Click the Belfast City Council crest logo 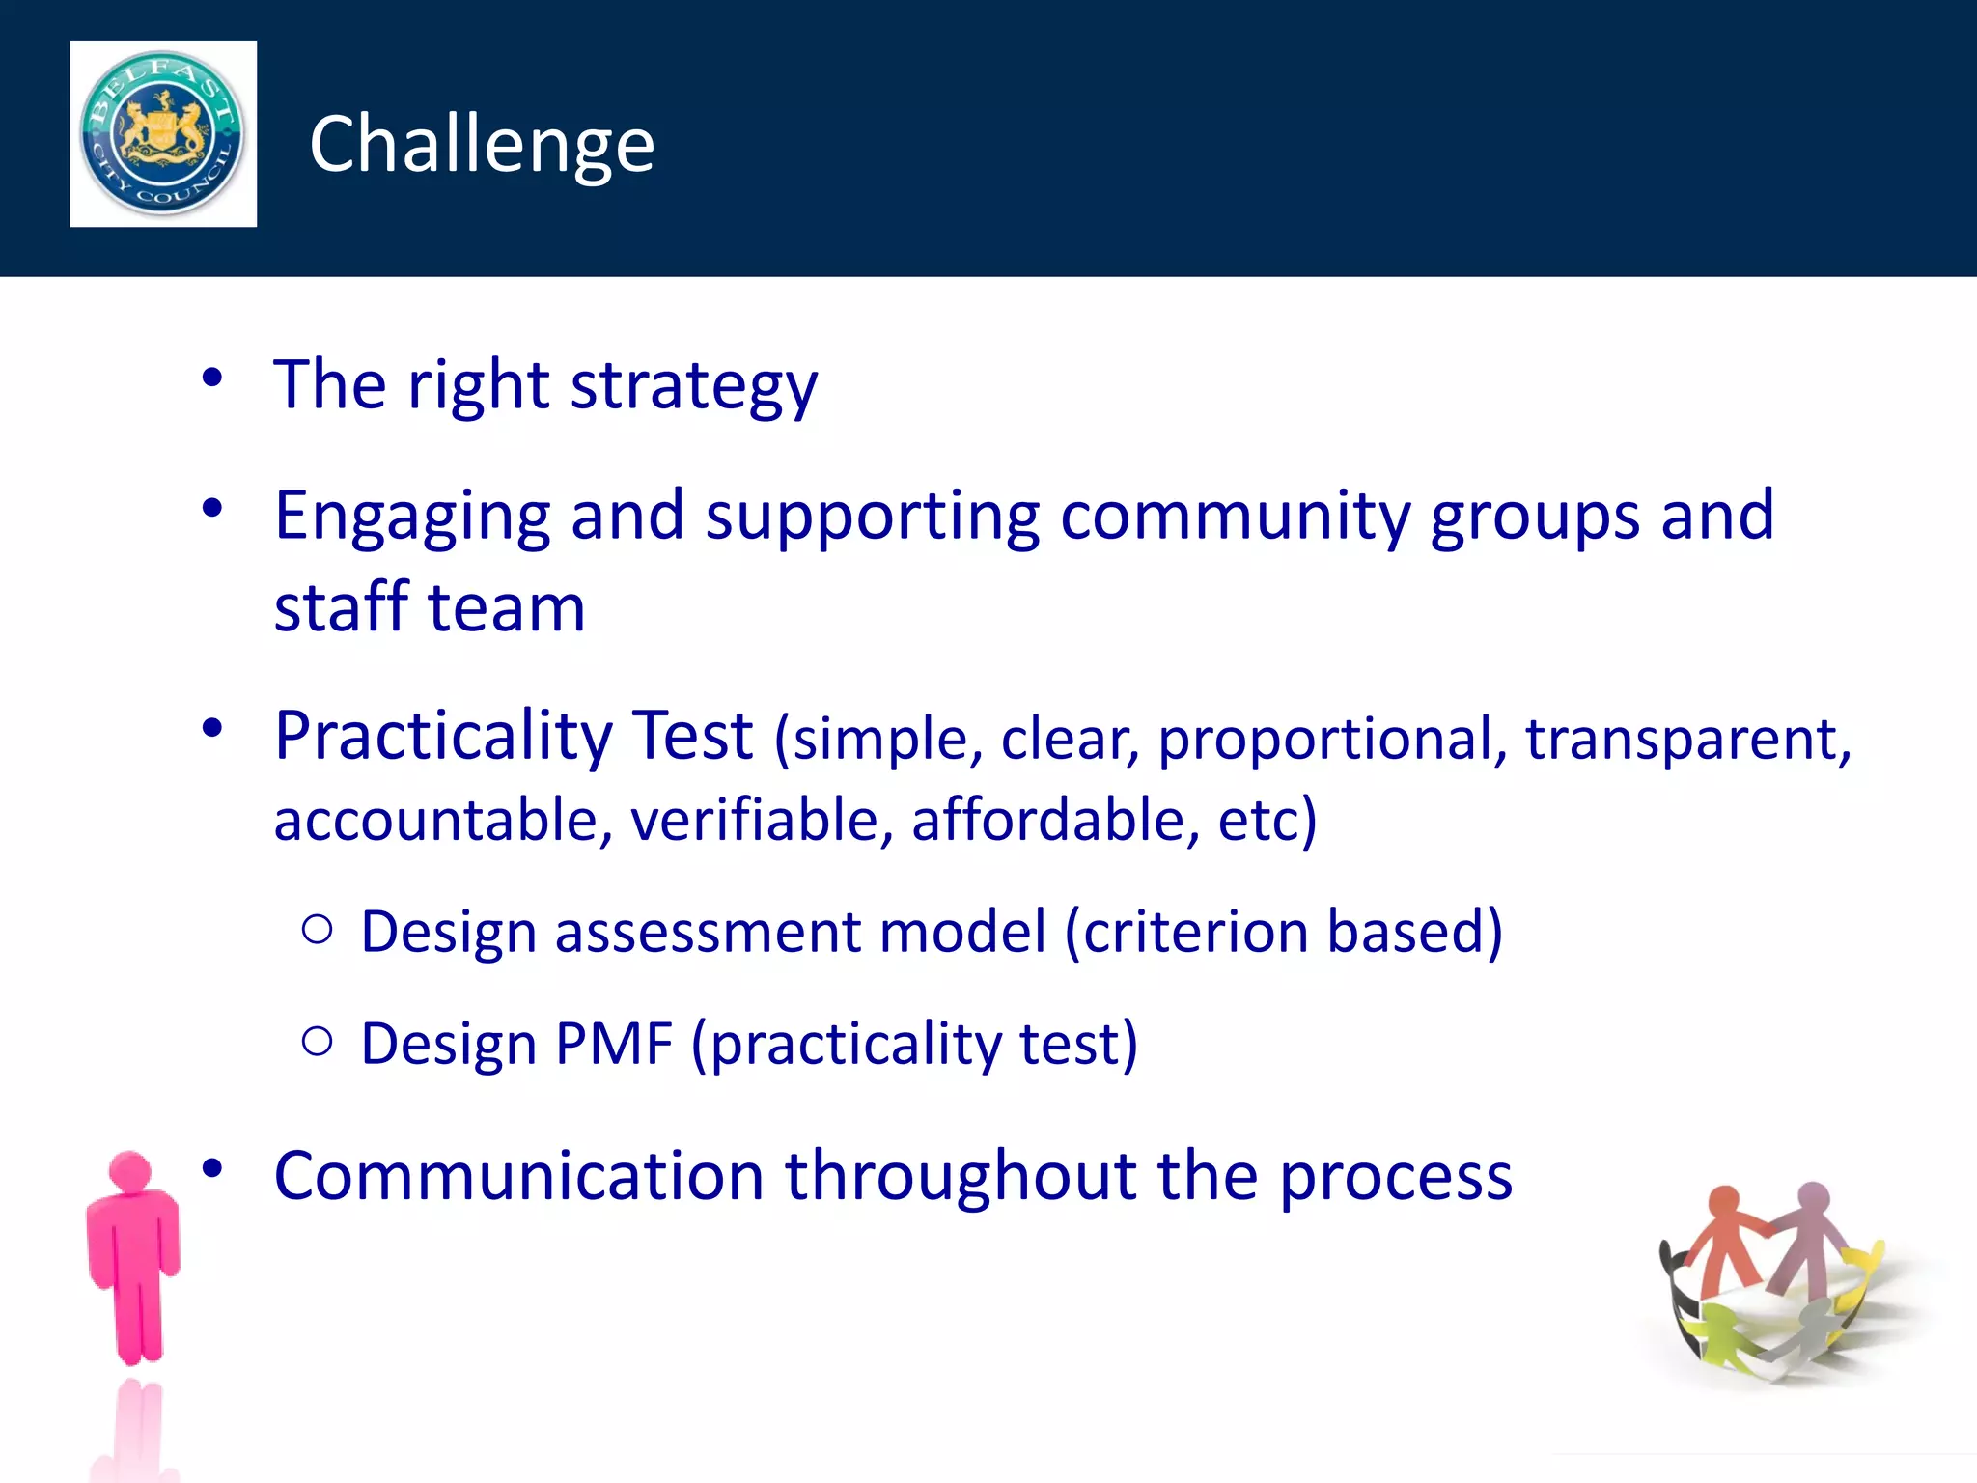click(x=162, y=133)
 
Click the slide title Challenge click(x=482, y=145)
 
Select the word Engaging click(x=412, y=517)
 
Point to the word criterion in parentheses click(x=1195, y=932)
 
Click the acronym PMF click(x=614, y=1044)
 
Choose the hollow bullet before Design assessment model click(x=318, y=930)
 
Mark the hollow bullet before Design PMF click(x=318, y=1042)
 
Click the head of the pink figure click(x=130, y=1172)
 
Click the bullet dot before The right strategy click(x=212, y=378)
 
